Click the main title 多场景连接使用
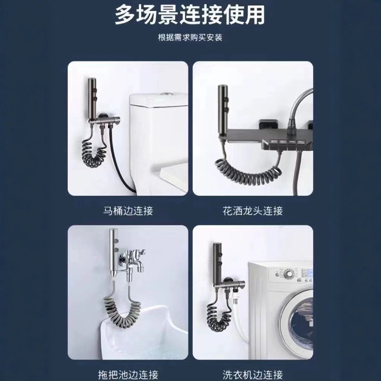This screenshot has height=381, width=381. (x=190, y=15)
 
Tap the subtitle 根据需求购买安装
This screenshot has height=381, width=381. (x=190, y=38)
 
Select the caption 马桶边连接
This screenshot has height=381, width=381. (x=128, y=211)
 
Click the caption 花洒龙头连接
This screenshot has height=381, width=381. (x=253, y=211)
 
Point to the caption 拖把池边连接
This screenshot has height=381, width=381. (x=128, y=375)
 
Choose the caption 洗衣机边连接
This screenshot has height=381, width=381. (x=253, y=375)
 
